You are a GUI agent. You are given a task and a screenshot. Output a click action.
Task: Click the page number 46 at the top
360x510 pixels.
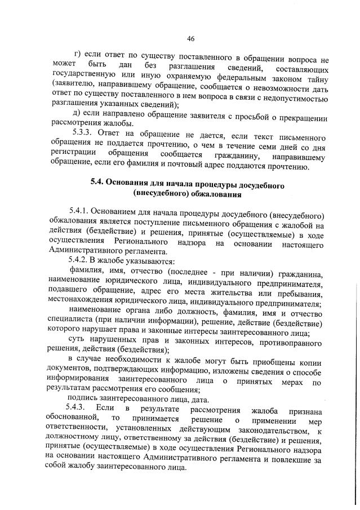[190, 39]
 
